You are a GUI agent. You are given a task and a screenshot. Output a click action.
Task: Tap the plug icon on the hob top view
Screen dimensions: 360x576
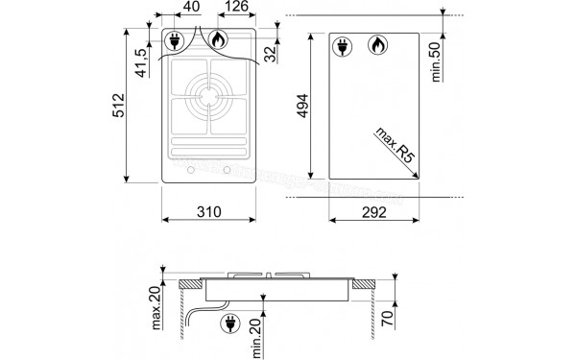[x=176, y=40]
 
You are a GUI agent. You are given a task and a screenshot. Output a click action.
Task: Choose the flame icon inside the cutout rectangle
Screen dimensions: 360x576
[x=377, y=45]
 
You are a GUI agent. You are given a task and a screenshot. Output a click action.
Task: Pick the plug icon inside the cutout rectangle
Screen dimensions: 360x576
[x=343, y=45]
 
